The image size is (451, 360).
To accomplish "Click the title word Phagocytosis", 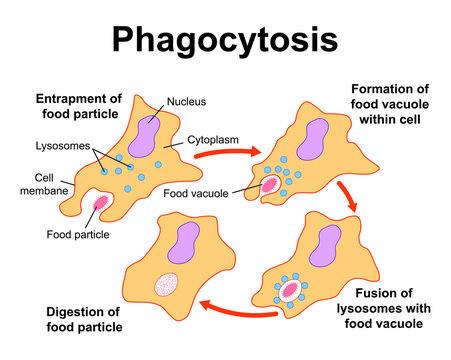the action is tap(224, 39).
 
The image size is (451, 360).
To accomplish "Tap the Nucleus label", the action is tap(186, 101).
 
